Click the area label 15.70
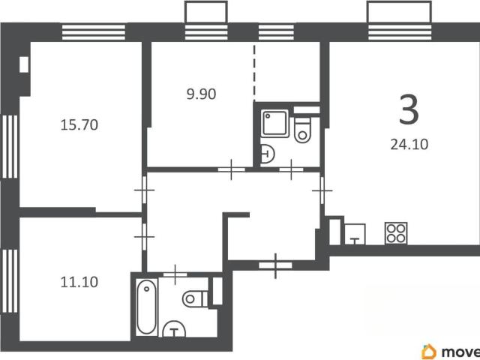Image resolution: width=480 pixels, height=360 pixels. click(79, 125)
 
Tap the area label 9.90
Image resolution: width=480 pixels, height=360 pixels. click(202, 94)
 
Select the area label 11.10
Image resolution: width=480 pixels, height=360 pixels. click(79, 282)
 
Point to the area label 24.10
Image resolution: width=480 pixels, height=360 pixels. click(409, 144)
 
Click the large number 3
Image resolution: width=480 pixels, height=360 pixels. click(409, 109)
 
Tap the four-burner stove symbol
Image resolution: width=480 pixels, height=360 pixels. click(396, 233)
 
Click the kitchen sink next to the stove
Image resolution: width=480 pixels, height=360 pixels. click(355, 234)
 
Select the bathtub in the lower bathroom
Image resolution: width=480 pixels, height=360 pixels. click(146, 307)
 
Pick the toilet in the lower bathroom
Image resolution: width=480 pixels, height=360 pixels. click(195, 298)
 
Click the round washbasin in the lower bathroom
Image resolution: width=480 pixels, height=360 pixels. click(174, 329)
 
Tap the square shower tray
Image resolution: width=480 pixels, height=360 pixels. click(275, 123)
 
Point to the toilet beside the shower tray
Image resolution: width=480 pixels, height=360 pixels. click(302, 130)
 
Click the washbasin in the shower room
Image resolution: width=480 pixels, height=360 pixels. click(267, 153)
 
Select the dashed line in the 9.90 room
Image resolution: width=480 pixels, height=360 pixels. click(253, 73)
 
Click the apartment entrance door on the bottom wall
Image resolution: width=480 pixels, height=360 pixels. click(275, 265)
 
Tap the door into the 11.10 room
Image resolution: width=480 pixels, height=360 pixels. click(145, 237)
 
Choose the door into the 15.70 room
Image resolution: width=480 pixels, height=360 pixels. click(145, 190)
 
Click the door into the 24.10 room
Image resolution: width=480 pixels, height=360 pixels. click(322, 190)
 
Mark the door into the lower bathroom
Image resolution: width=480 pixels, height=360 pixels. click(175, 274)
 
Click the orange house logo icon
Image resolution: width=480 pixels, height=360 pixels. click(429, 352)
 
